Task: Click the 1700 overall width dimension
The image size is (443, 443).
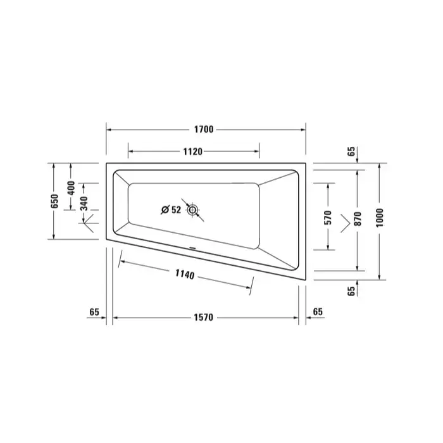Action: click(204, 129)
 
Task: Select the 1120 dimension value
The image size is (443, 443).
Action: click(192, 152)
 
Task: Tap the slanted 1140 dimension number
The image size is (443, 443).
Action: click(185, 274)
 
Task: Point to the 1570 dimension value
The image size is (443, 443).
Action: click(203, 318)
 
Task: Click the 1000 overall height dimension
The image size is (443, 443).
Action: click(380, 218)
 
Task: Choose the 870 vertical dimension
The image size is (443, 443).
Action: click(358, 219)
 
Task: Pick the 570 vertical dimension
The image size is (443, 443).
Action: click(328, 218)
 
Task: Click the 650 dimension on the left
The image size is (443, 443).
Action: click(54, 201)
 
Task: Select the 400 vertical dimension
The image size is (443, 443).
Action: click(71, 188)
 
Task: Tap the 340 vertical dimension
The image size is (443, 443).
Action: click(84, 203)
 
